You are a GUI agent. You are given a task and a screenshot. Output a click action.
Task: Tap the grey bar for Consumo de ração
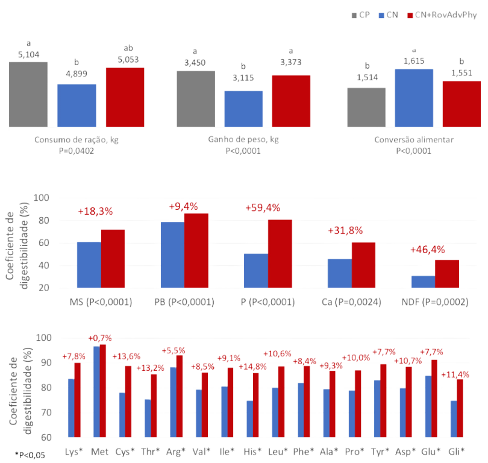pos(28,94)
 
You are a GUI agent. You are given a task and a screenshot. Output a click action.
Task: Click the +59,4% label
pos(262,208)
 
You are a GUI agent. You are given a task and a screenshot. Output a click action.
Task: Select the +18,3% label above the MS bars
pos(95,212)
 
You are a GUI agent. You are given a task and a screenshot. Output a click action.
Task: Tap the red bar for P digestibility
pos(280,254)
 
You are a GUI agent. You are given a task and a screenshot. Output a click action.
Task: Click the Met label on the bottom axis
pos(99,450)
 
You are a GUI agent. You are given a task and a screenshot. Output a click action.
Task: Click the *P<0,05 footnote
pos(27,452)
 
